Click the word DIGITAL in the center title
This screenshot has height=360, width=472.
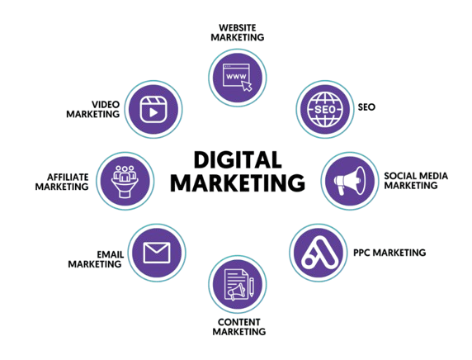pos(238,159)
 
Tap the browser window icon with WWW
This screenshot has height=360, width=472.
pos(236,75)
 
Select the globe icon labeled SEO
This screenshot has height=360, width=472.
pos(325,109)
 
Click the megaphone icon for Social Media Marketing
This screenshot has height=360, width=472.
pos(350,180)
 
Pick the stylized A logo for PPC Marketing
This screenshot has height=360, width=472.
pos(319,253)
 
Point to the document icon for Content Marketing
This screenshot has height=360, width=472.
pos(236,285)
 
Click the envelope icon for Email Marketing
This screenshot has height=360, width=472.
pos(157,253)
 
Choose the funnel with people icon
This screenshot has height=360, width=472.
pos(125,182)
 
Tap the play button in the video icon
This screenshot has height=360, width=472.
pos(153,112)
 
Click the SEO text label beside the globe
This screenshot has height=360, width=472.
pos(366,107)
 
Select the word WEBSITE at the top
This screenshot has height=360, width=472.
pos(238,28)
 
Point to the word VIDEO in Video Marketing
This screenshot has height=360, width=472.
pos(106,105)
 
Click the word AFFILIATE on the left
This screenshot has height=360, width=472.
pos(68,177)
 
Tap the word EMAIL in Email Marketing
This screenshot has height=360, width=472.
pos(111,254)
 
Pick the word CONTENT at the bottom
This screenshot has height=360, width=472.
pos(239,322)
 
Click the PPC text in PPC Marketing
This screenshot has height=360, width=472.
pos(361,253)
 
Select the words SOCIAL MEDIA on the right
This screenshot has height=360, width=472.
pos(416,176)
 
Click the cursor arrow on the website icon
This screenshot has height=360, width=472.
pos(247,86)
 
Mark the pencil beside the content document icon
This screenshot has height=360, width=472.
pos(252,287)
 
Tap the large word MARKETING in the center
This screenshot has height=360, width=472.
pos(238,182)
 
